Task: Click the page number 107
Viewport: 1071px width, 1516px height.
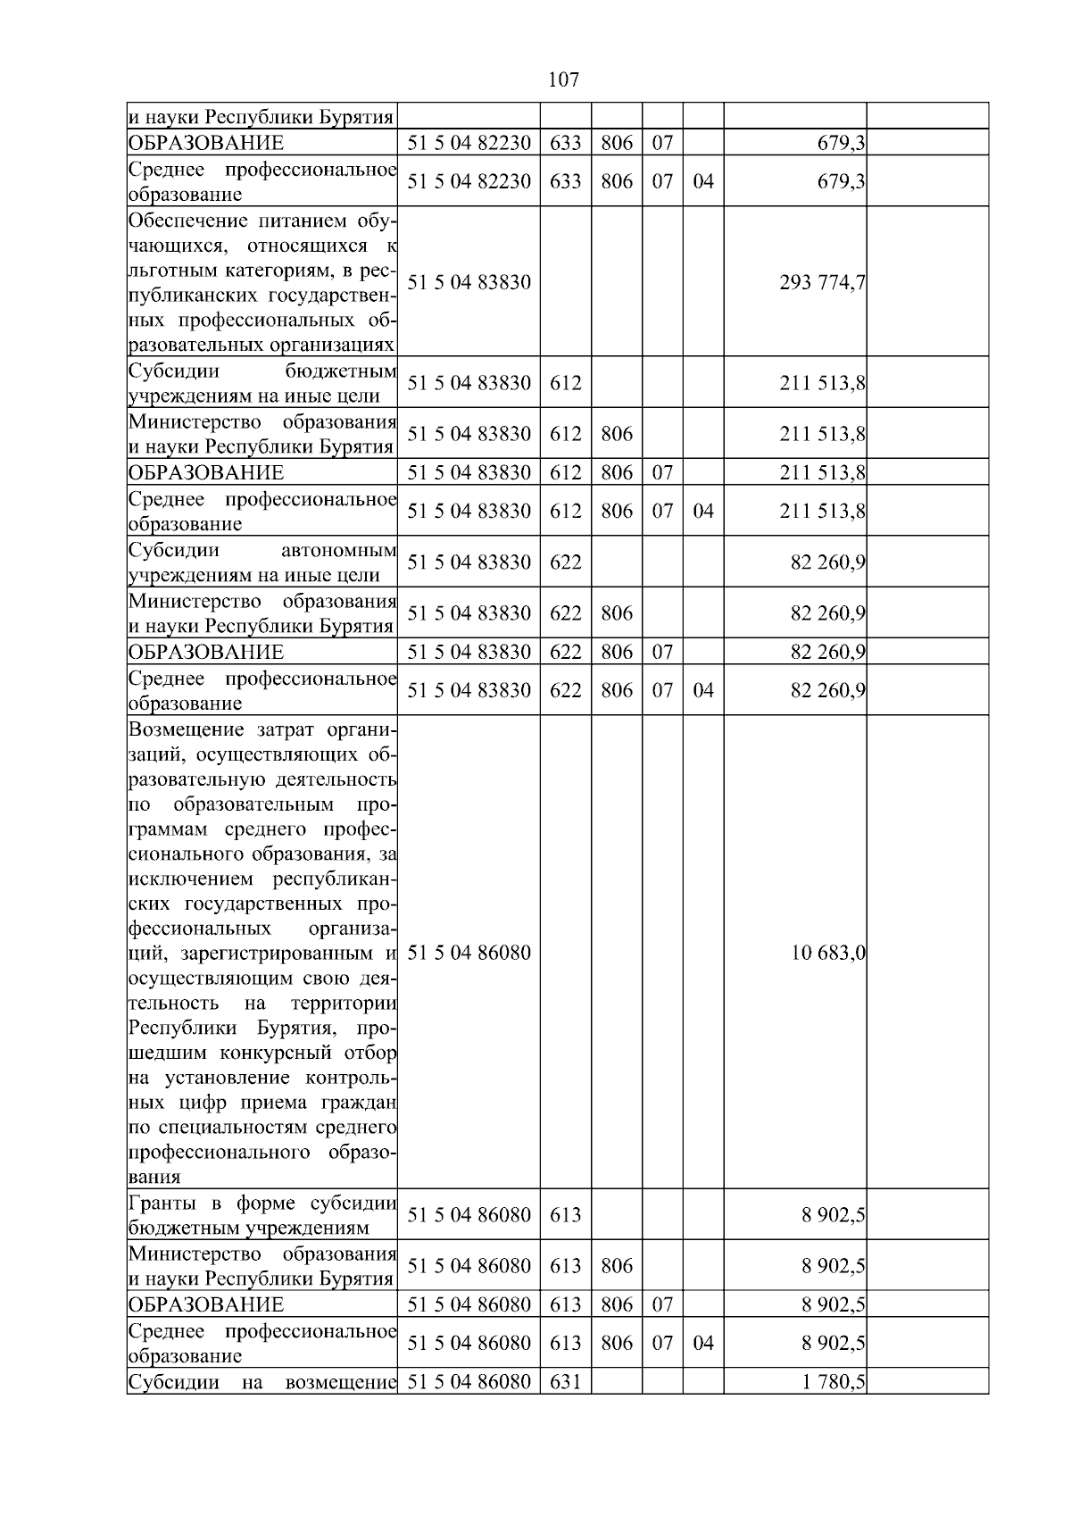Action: [562, 80]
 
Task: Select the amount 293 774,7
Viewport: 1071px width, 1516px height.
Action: [822, 282]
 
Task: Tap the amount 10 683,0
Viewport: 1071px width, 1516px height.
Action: [827, 953]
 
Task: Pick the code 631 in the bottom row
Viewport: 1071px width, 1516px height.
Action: [565, 1382]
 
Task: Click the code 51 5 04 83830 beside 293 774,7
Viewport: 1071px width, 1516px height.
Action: [469, 282]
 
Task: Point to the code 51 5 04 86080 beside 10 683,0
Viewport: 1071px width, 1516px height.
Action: [469, 953]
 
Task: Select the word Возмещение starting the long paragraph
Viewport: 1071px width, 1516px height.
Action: [186, 730]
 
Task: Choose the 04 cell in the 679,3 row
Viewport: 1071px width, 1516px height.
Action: [702, 181]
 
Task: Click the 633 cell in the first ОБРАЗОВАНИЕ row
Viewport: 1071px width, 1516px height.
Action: [565, 143]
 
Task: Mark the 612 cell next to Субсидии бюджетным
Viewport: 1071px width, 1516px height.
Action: [565, 383]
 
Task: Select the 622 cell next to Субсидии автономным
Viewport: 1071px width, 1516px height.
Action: [565, 562]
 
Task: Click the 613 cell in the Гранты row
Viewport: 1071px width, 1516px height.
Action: [565, 1214]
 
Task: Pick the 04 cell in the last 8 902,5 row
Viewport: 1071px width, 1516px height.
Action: [702, 1343]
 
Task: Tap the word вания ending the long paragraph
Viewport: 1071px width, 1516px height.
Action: [154, 1177]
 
